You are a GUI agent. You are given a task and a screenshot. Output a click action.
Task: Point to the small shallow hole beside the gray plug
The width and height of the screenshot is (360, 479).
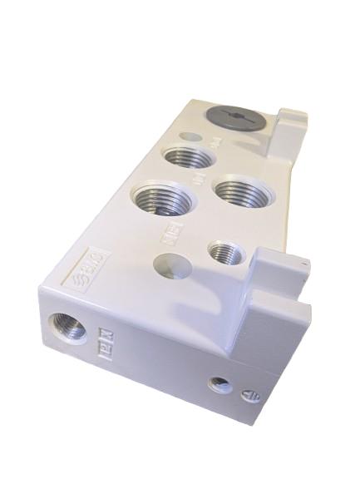[x=193, y=136]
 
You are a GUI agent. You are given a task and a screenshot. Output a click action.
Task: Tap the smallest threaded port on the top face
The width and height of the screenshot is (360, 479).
[x=223, y=251]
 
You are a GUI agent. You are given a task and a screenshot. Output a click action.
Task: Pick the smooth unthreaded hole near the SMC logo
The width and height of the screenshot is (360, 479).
[x=170, y=268]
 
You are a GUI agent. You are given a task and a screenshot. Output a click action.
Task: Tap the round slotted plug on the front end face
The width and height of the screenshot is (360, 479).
[x=249, y=397]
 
